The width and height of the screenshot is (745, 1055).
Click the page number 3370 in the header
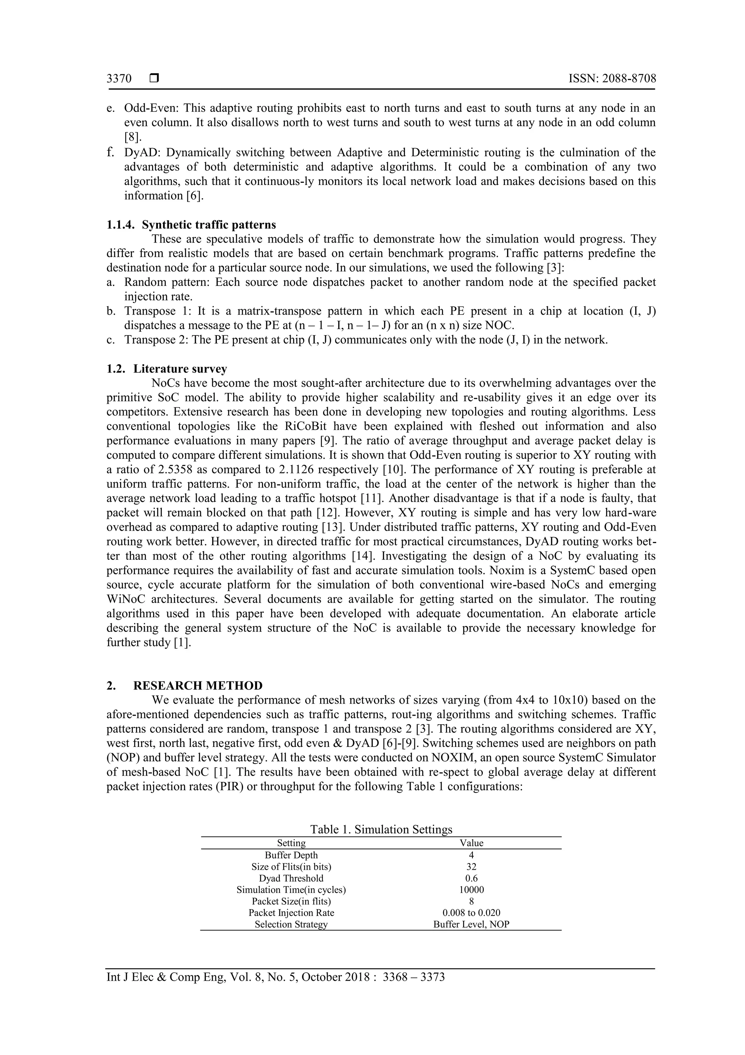point(119,79)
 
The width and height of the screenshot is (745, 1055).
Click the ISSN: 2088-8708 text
point(612,79)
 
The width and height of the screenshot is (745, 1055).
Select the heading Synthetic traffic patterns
point(209,225)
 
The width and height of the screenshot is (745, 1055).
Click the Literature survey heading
point(180,369)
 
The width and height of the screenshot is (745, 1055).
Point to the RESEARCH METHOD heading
point(198,686)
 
